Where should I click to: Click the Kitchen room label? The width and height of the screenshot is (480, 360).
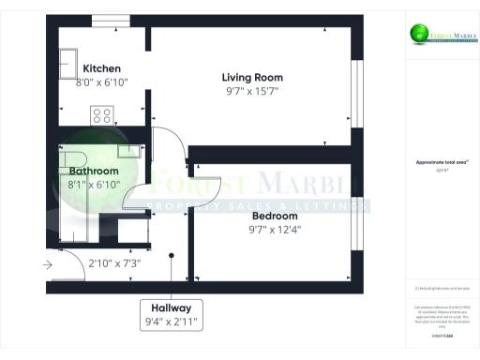pyautogui.click(x=102, y=68)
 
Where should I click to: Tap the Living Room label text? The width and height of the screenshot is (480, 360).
pyautogui.click(x=252, y=77)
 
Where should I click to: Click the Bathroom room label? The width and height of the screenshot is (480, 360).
pyautogui.click(x=94, y=172)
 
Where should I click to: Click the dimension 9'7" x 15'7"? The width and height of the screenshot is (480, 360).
pyautogui.click(x=252, y=91)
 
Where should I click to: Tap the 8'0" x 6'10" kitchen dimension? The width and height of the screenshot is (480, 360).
pyautogui.click(x=102, y=82)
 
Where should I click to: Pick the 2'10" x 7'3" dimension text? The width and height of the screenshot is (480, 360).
pyautogui.click(x=114, y=263)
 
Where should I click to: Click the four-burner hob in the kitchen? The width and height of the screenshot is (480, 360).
pyautogui.click(x=102, y=116)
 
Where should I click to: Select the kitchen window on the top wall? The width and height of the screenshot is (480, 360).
pyautogui.click(x=117, y=20)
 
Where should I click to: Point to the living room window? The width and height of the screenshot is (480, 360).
pyautogui.click(x=355, y=88)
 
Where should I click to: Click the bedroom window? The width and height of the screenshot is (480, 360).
pyautogui.click(x=355, y=216)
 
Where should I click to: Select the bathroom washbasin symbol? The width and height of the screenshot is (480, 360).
pyautogui.click(x=125, y=151)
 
